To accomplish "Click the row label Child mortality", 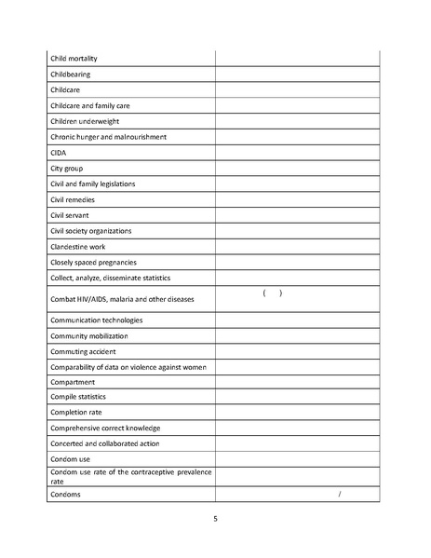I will tap(75, 58).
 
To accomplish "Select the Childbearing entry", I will tap(71, 74).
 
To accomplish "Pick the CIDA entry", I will tap(58, 152).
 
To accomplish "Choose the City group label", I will tap(66, 168).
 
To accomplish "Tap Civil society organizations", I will tap(91, 231).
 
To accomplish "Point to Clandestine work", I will tap(78, 247).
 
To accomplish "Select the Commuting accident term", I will tap(86, 351).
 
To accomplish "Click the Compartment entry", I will tap(73, 383).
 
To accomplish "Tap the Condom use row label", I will tap(73, 459).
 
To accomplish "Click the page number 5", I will tap(215, 520).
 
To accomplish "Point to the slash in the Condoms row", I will tap(342, 494).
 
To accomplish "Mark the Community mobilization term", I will tap(89, 335).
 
